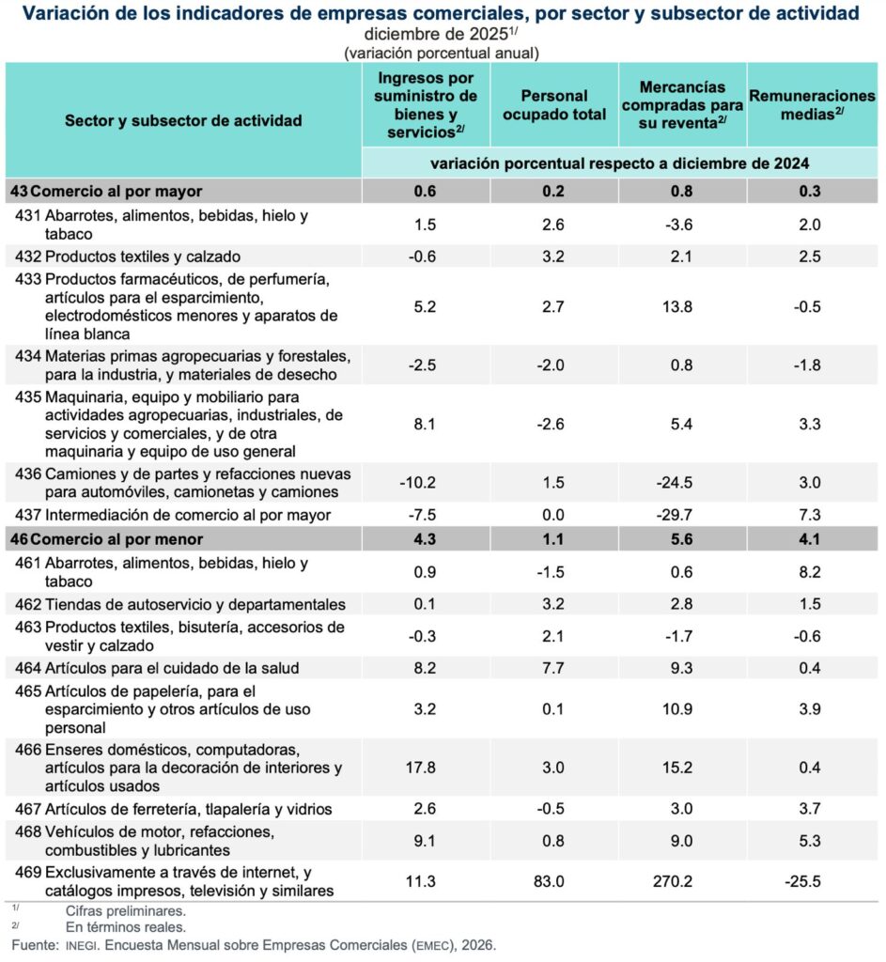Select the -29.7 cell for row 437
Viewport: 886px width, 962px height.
click(x=682, y=515)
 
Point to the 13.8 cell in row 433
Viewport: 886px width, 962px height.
click(x=682, y=306)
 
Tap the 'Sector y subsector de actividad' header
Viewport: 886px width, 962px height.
click(x=183, y=121)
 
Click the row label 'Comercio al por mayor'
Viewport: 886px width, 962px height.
click(x=122, y=191)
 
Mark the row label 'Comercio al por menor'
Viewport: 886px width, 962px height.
click(x=122, y=539)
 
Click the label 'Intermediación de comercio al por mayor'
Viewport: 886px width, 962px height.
click(x=188, y=515)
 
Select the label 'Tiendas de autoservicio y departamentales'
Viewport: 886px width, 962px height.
click(x=194, y=604)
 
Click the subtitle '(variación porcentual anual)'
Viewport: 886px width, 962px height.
click(x=442, y=53)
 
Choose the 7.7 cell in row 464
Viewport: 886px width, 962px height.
click(x=553, y=668)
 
